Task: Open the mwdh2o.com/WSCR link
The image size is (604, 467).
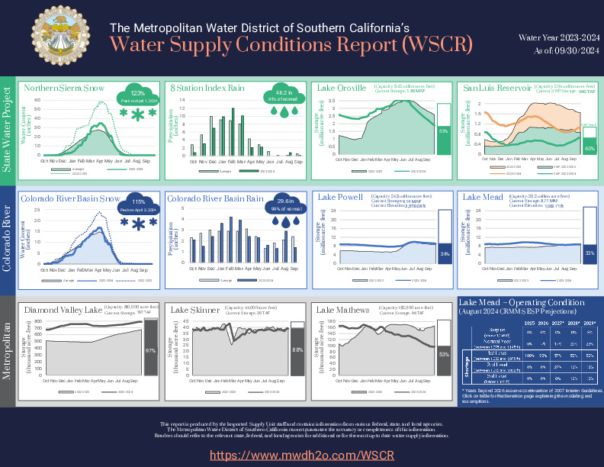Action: pos(302,455)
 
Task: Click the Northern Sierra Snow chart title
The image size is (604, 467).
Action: pos(64,88)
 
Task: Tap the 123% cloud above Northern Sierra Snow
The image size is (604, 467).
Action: pos(138,96)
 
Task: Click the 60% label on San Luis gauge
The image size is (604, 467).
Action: pos(589,147)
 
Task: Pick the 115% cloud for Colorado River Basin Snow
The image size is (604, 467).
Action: pos(138,206)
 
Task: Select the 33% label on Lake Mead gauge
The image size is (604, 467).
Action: pos(589,253)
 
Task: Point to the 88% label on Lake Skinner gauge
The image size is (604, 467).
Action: pos(297,351)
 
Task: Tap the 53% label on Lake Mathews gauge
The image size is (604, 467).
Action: pos(443,356)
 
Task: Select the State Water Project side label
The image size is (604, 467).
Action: pos(8,127)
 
